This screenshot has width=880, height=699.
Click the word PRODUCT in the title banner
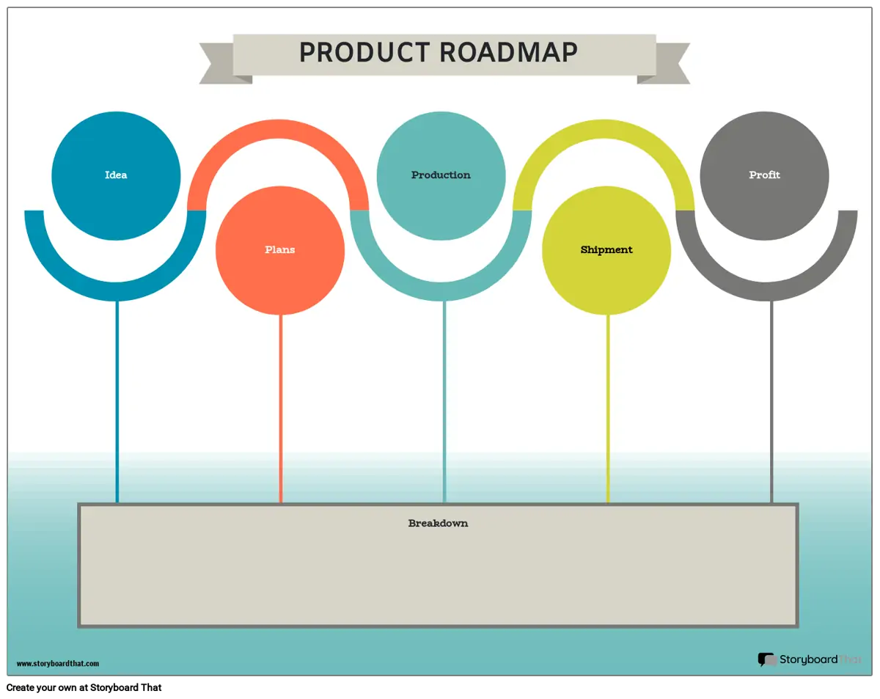(x=364, y=52)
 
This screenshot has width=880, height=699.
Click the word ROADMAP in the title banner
(x=508, y=52)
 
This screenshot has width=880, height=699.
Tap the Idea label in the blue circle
(x=116, y=175)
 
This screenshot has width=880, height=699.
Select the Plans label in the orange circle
(x=279, y=249)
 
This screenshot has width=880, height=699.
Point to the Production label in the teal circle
(x=441, y=175)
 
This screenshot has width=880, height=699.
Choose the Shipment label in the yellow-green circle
(x=606, y=250)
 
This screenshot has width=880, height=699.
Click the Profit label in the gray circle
(x=764, y=175)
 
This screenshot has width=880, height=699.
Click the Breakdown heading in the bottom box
(x=438, y=523)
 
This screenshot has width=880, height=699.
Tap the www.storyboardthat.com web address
(x=58, y=664)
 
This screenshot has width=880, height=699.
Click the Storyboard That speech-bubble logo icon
(x=767, y=659)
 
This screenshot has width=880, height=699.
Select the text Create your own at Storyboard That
(x=84, y=687)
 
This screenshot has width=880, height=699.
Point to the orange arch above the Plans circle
(x=278, y=129)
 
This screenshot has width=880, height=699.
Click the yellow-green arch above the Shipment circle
(x=604, y=129)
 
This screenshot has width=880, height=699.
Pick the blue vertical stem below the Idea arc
(x=117, y=402)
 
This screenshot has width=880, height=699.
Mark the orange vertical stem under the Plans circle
(x=281, y=409)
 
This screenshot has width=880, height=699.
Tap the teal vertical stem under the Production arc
(x=444, y=402)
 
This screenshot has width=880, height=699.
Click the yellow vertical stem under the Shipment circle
(x=608, y=409)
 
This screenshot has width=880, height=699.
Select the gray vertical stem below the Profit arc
(x=771, y=402)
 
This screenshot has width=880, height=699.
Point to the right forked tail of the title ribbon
(x=667, y=63)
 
